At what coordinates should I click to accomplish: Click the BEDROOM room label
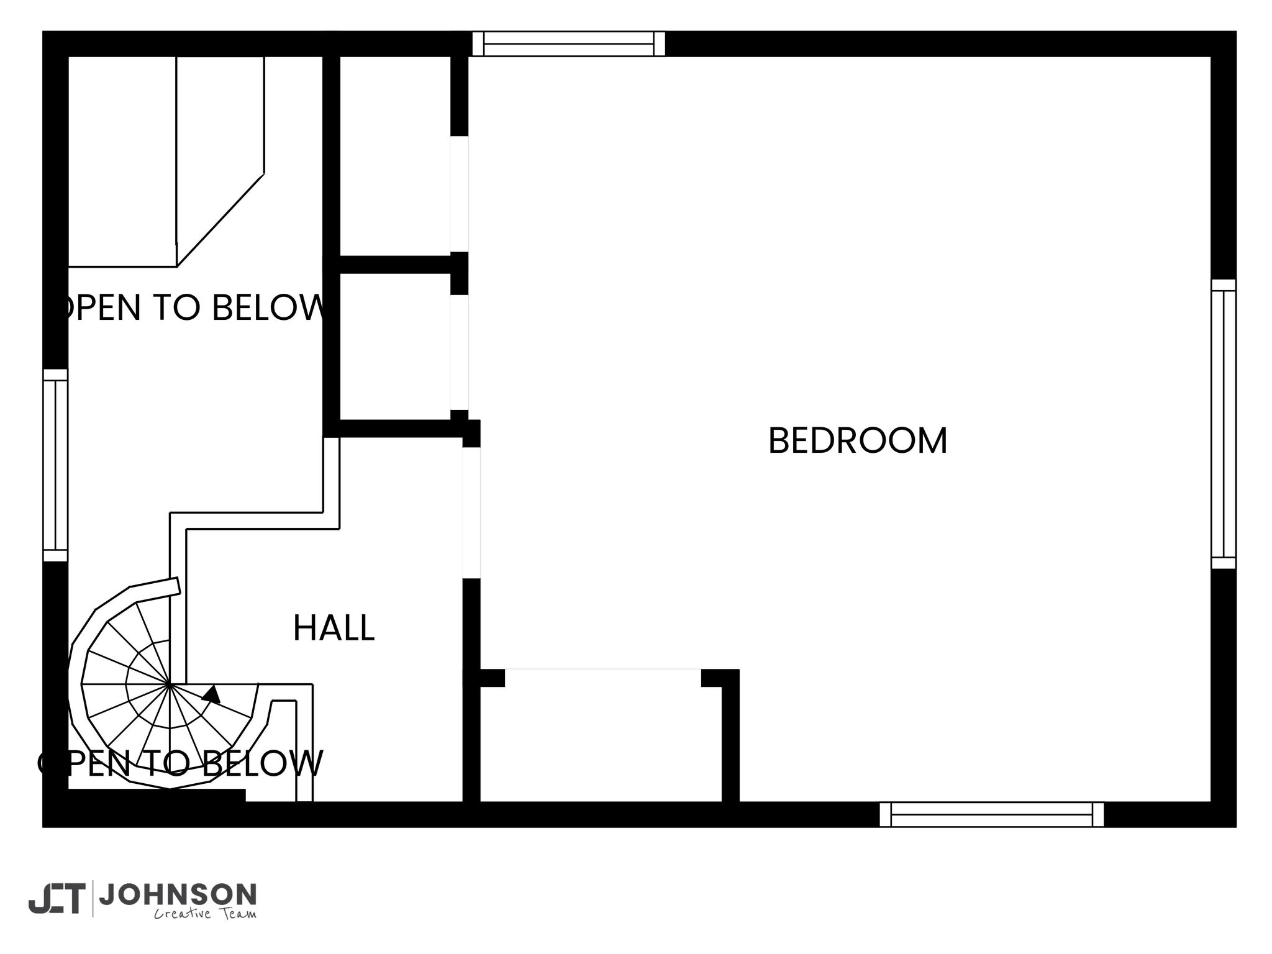pos(858,440)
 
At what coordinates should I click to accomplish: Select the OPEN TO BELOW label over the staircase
pos(180,763)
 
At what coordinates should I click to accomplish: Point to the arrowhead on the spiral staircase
pos(212,694)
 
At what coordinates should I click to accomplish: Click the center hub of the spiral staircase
pos(169,684)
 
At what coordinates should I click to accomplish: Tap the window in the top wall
pos(568,44)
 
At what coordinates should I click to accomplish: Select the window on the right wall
pos(1224,424)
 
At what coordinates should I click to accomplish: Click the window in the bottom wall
pos(992,814)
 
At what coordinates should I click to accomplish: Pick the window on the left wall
pos(55,465)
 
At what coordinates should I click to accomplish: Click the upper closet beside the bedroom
pos(395,156)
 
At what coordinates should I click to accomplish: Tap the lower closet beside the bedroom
pos(395,347)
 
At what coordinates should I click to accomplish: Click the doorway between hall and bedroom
pos(472,513)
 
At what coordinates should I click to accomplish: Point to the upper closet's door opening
pos(459,194)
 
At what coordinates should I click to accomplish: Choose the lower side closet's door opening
pos(459,352)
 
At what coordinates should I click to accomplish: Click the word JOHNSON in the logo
pos(178,894)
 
